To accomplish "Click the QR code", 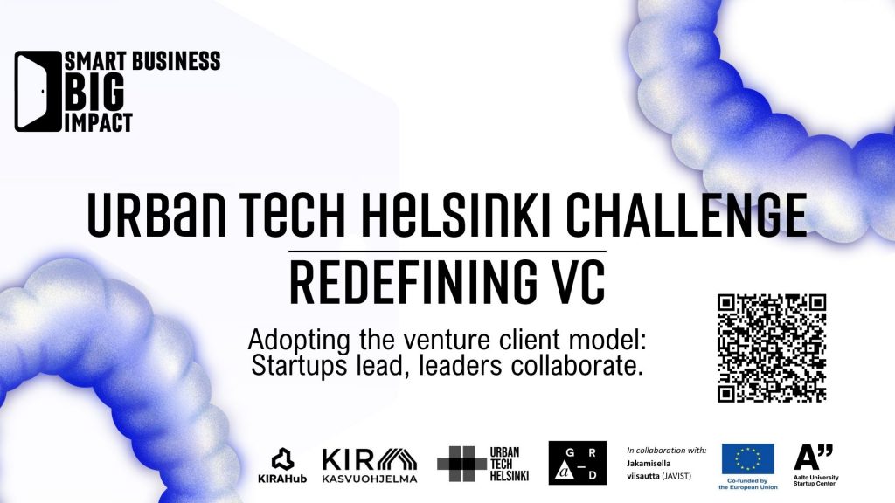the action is [772, 348].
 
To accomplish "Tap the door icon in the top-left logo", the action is [38, 91].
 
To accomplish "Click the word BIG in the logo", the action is [94, 92].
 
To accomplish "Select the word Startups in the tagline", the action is [299, 366].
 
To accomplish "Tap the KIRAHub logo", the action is [282, 465].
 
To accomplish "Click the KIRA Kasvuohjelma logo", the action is [370, 465].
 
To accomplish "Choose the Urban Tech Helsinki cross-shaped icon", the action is [461, 464].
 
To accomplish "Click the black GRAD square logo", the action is [578, 463].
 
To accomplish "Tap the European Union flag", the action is [748, 459].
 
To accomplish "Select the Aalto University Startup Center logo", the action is [815, 465].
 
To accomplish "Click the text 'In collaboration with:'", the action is [667, 451].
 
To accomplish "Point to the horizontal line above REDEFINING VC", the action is [447, 251].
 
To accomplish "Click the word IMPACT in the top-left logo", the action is [99, 122].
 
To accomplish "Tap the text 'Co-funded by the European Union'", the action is [748, 484].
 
